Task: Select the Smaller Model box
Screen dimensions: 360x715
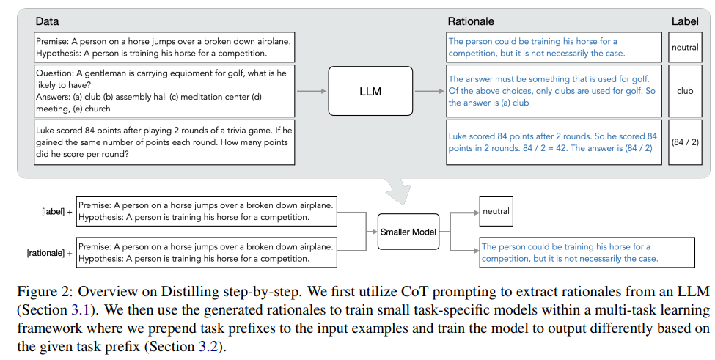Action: point(407,232)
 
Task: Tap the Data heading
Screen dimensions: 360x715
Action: point(47,22)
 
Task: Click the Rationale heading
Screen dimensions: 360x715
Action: point(471,22)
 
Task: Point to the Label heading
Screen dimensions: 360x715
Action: point(685,22)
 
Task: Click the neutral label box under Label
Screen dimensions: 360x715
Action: point(685,48)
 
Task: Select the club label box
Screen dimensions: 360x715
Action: point(685,91)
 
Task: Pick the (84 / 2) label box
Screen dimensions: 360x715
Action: point(685,142)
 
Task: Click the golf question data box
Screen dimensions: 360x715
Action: point(164,91)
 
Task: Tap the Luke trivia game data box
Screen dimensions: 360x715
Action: point(164,142)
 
